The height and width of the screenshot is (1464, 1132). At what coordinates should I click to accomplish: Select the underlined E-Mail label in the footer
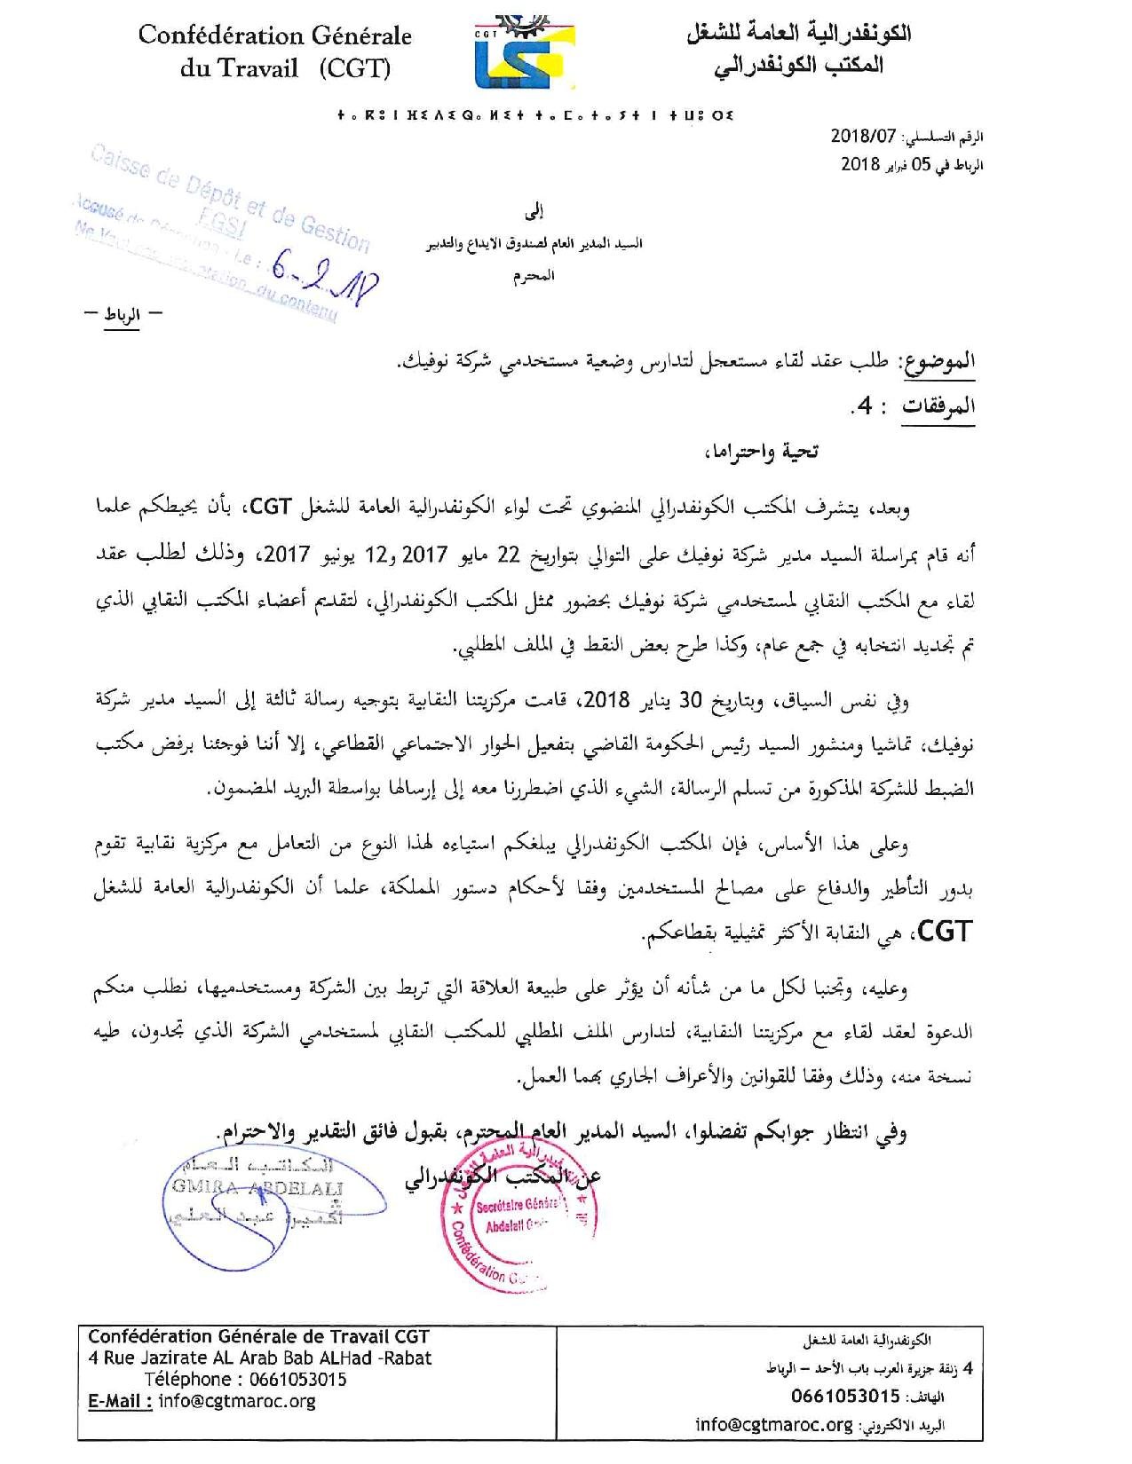(121, 1401)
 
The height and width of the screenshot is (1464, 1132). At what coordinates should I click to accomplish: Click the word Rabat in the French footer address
(405, 1358)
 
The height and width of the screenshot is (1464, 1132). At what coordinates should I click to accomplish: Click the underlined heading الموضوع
(938, 361)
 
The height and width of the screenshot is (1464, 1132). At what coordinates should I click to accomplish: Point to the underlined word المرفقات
(939, 406)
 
